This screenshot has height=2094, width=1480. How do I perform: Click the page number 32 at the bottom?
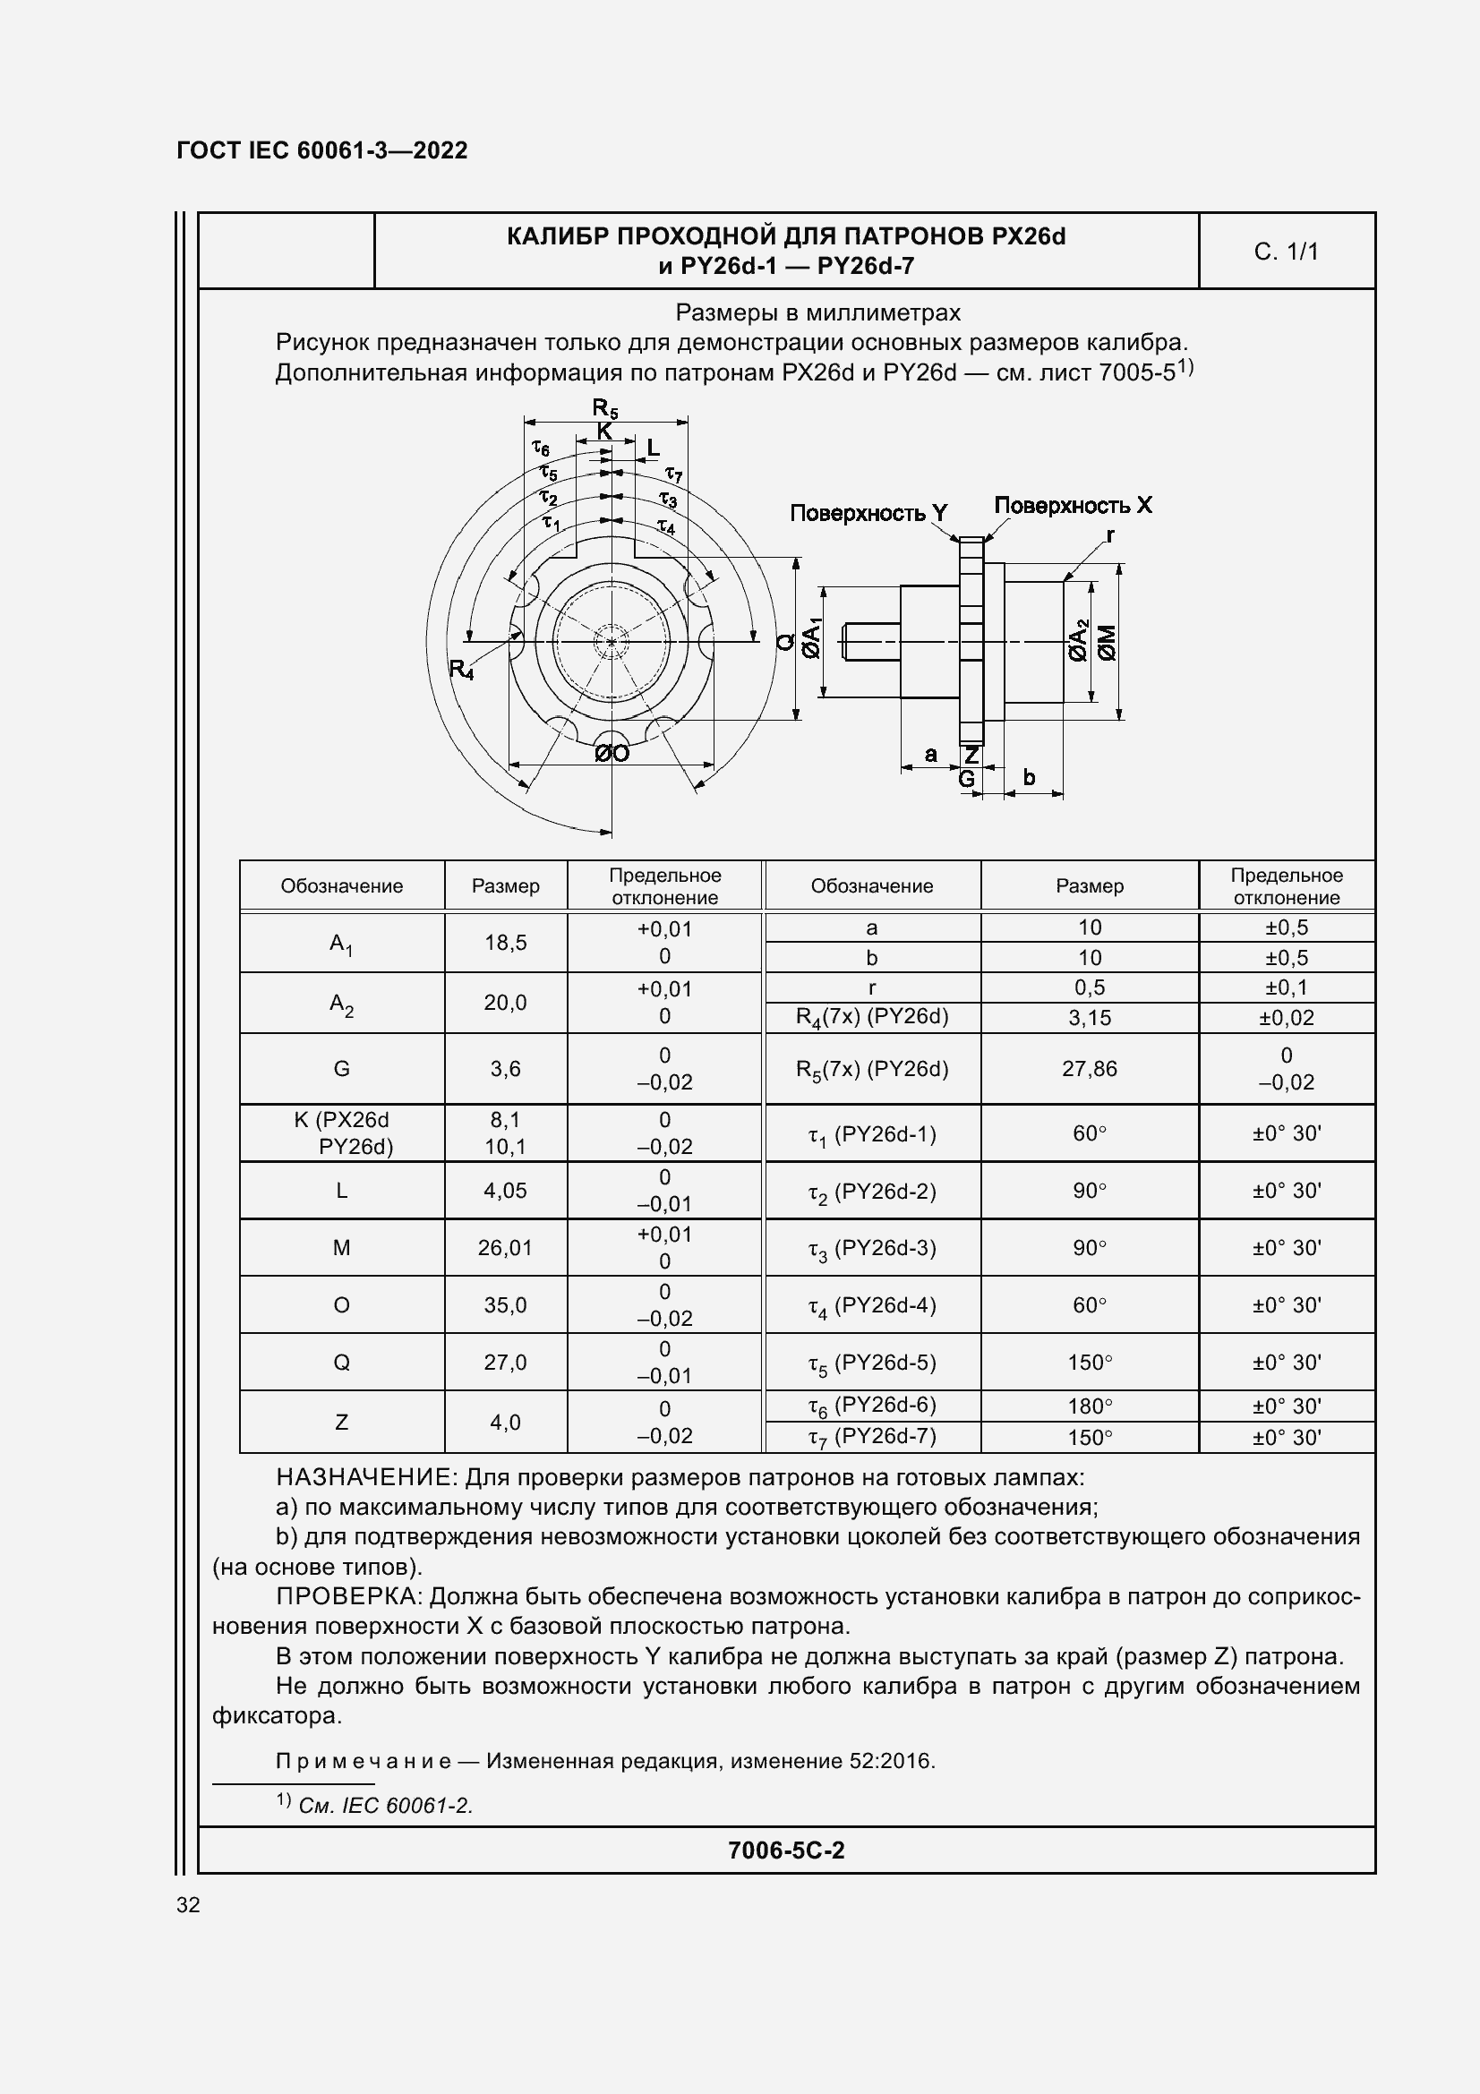point(188,1904)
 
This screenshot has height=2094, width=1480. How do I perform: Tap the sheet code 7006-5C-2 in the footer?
point(786,1850)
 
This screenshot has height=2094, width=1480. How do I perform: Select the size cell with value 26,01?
point(505,1247)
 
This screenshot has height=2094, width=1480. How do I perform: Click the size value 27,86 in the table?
point(1089,1068)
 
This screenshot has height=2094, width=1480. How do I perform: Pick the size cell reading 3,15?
point(1089,1018)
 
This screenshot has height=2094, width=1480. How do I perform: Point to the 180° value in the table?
point(1089,1406)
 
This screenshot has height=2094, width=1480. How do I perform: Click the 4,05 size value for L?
point(505,1189)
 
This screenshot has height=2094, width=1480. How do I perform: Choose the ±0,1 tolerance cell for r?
point(1286,987)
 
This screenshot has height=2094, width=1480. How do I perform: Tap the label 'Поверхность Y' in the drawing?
point(868,514)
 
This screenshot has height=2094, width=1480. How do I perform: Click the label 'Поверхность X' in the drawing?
point(1073,505)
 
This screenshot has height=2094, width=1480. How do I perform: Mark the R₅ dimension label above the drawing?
point(604,407)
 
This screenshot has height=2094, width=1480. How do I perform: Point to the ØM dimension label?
point(1107,642)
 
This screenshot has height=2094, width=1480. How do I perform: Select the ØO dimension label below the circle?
point(612,753)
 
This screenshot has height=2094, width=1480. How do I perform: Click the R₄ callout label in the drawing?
point(461,670)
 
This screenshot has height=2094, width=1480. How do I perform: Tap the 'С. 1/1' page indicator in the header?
point(1286,252)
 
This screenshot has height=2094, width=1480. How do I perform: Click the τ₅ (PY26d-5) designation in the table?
point(872,1363)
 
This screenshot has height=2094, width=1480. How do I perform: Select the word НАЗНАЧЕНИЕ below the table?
point(363,1476)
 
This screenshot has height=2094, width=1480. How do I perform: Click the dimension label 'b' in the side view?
point(1029,777)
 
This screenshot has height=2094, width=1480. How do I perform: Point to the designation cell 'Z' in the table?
point(341,1421)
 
